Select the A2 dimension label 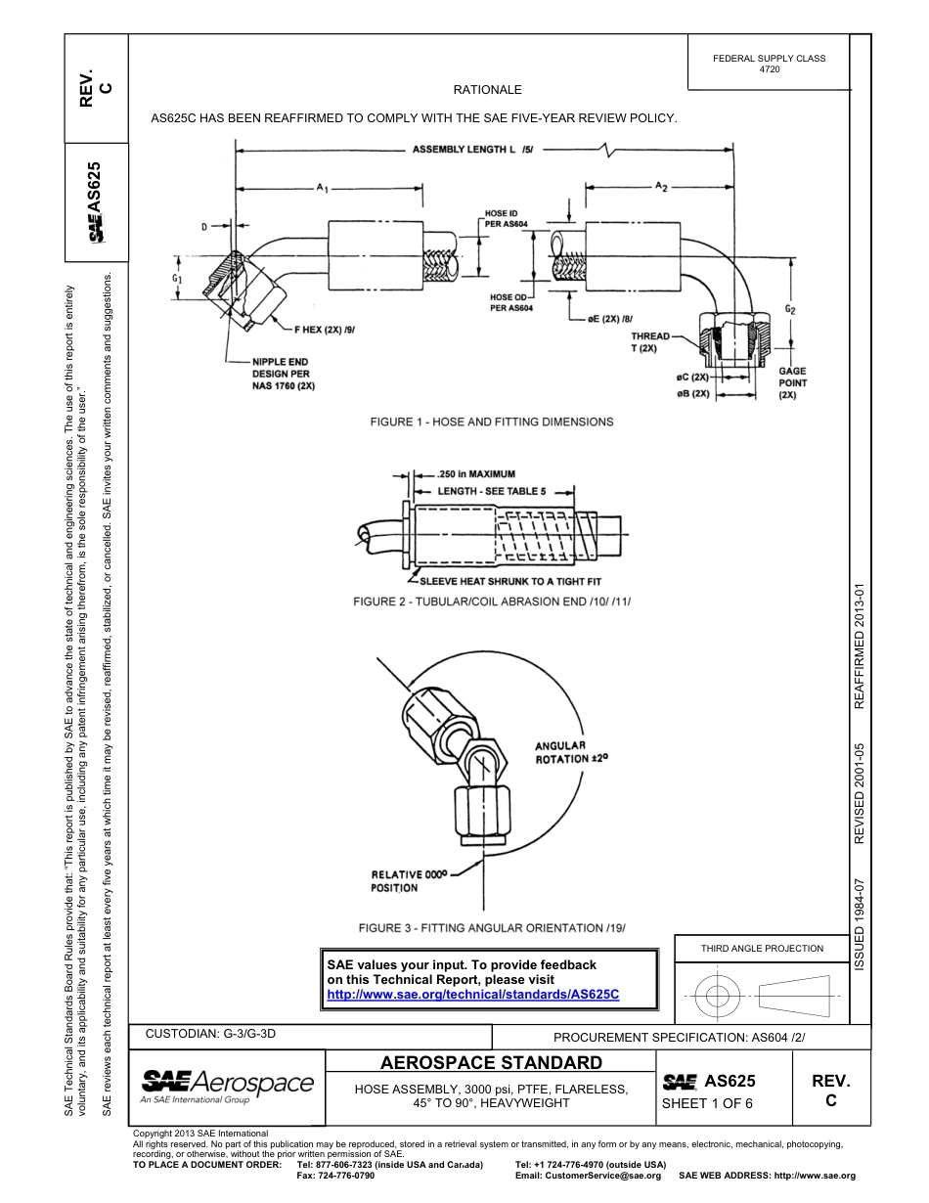(x=661, y=186)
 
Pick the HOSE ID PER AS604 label (x=508, y=218)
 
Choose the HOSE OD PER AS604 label (x=510, y=302)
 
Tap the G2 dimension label (x=791, y=310)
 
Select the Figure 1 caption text (x=491, y=422)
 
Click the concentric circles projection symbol (x=718, y=998)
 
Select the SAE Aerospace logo (x=227, y=1086)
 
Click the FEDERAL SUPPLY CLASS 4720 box (x=769, y=64)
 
